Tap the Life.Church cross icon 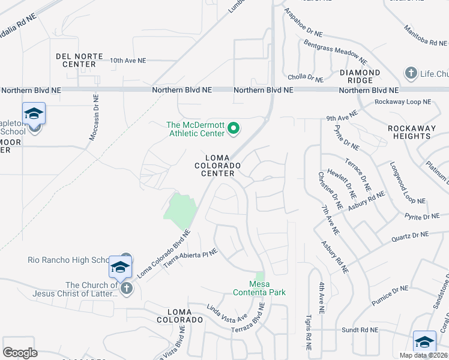(x=411, y=74)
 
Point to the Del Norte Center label (x=76, y=60)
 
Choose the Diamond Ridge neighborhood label (x=360, y=77)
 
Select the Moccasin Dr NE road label (x=94, y=117)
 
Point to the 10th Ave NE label (x=128, y=61)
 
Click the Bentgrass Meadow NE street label (x=335, y=52)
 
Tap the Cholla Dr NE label (x=306, y=77)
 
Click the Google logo (x=20, y=353)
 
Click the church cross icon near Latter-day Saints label (x=126, y=289)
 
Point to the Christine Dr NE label (x=330, y=190)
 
